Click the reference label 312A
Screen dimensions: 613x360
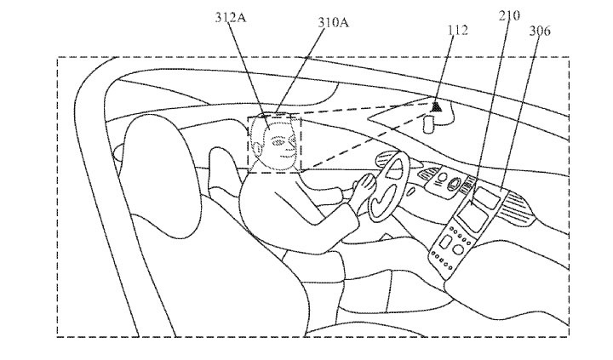pyautogui.click(x=231, y=17)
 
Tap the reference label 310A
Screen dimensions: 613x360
pyautogui.click(x=333, y=22)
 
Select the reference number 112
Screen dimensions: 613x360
pyautogui.click(x=457, y=30)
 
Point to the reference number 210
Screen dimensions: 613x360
pyautogui.click(x=509, y=15)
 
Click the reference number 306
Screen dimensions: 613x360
pyautogui.click(x=540, y=31)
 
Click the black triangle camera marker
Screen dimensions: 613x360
pyautogui.click(x=437, y=106)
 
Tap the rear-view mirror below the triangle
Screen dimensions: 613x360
pyautogui.click(x=429, y=123)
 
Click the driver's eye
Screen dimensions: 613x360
pyautogui.click(x=278, y=142)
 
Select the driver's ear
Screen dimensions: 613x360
pyautogui.click(x=257, y=148)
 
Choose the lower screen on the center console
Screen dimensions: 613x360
pyautogui.click(x=473, y=216)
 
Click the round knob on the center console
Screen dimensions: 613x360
pyautogui.click(x=457, y=249)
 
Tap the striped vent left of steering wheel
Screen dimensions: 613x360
pyautogui.click(x=384, y=158)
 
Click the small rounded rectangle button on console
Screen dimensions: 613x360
pyautogui.click(x=445, y=242)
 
